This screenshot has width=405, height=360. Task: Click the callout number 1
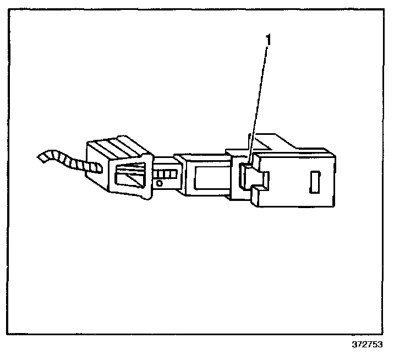pyautogui.click(x=268, y=39)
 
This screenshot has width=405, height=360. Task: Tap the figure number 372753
pyautogui.click(x=367, y=345)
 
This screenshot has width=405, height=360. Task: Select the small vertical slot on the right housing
pyautogui.click(x=314, y=182)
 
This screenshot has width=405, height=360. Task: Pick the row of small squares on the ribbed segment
pyautogui.click(x=166, y=174)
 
